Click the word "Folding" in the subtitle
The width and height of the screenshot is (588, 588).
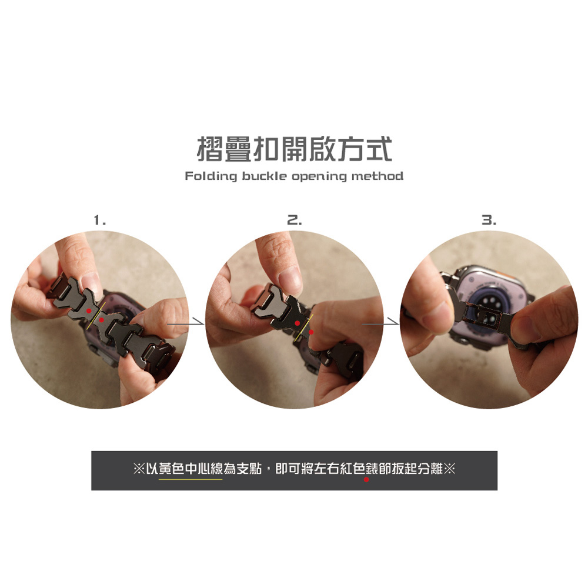pos(211,176)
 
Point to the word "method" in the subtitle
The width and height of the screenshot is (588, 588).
pos(377,176)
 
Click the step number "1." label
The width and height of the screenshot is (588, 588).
pos(99,220)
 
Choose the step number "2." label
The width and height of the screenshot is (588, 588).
pos(295,220)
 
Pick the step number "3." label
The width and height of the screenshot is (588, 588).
pos(489,220)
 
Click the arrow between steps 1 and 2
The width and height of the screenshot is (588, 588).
pos(186,323)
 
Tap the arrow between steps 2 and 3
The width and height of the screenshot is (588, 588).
pos(380,323)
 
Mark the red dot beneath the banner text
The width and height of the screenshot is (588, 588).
pos(366,479)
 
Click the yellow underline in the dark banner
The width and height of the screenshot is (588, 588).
pos(191,479)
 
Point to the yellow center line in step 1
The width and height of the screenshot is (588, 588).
pos(96,316)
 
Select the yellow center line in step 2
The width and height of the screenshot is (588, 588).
pos(304,328)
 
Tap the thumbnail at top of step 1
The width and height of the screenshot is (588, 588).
pos(89,280)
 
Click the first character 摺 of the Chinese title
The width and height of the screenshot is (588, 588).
pos(211,149)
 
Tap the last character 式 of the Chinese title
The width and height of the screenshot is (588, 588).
pos(379,149)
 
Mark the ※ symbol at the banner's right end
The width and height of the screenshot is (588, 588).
pos(449,469)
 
